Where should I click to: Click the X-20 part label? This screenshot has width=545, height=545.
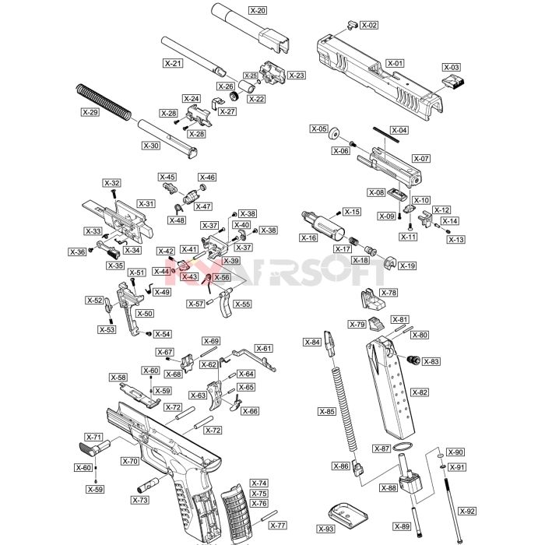point(258,10)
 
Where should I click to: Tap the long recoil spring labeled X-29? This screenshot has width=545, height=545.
point(104,102)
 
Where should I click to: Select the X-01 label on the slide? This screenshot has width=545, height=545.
point(396,63)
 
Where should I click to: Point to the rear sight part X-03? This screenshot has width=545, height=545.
point(454,81)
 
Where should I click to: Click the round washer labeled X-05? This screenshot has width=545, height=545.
point(335,133)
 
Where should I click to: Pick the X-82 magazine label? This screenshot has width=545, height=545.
point(420,392)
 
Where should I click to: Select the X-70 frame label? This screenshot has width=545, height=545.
point(130,461)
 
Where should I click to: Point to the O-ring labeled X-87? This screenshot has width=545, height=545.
point(403,447)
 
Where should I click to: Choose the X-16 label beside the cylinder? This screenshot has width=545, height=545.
point(308,237)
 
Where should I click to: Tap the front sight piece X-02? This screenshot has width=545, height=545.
point(352,25)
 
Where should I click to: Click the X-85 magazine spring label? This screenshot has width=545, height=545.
point(327,412)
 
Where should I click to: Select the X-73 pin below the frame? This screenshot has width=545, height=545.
point(148,485)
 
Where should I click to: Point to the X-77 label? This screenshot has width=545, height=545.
point(278,526)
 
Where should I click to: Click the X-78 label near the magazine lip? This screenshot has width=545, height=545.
point(389,293)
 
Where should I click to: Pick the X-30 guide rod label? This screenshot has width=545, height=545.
point(151,146)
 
